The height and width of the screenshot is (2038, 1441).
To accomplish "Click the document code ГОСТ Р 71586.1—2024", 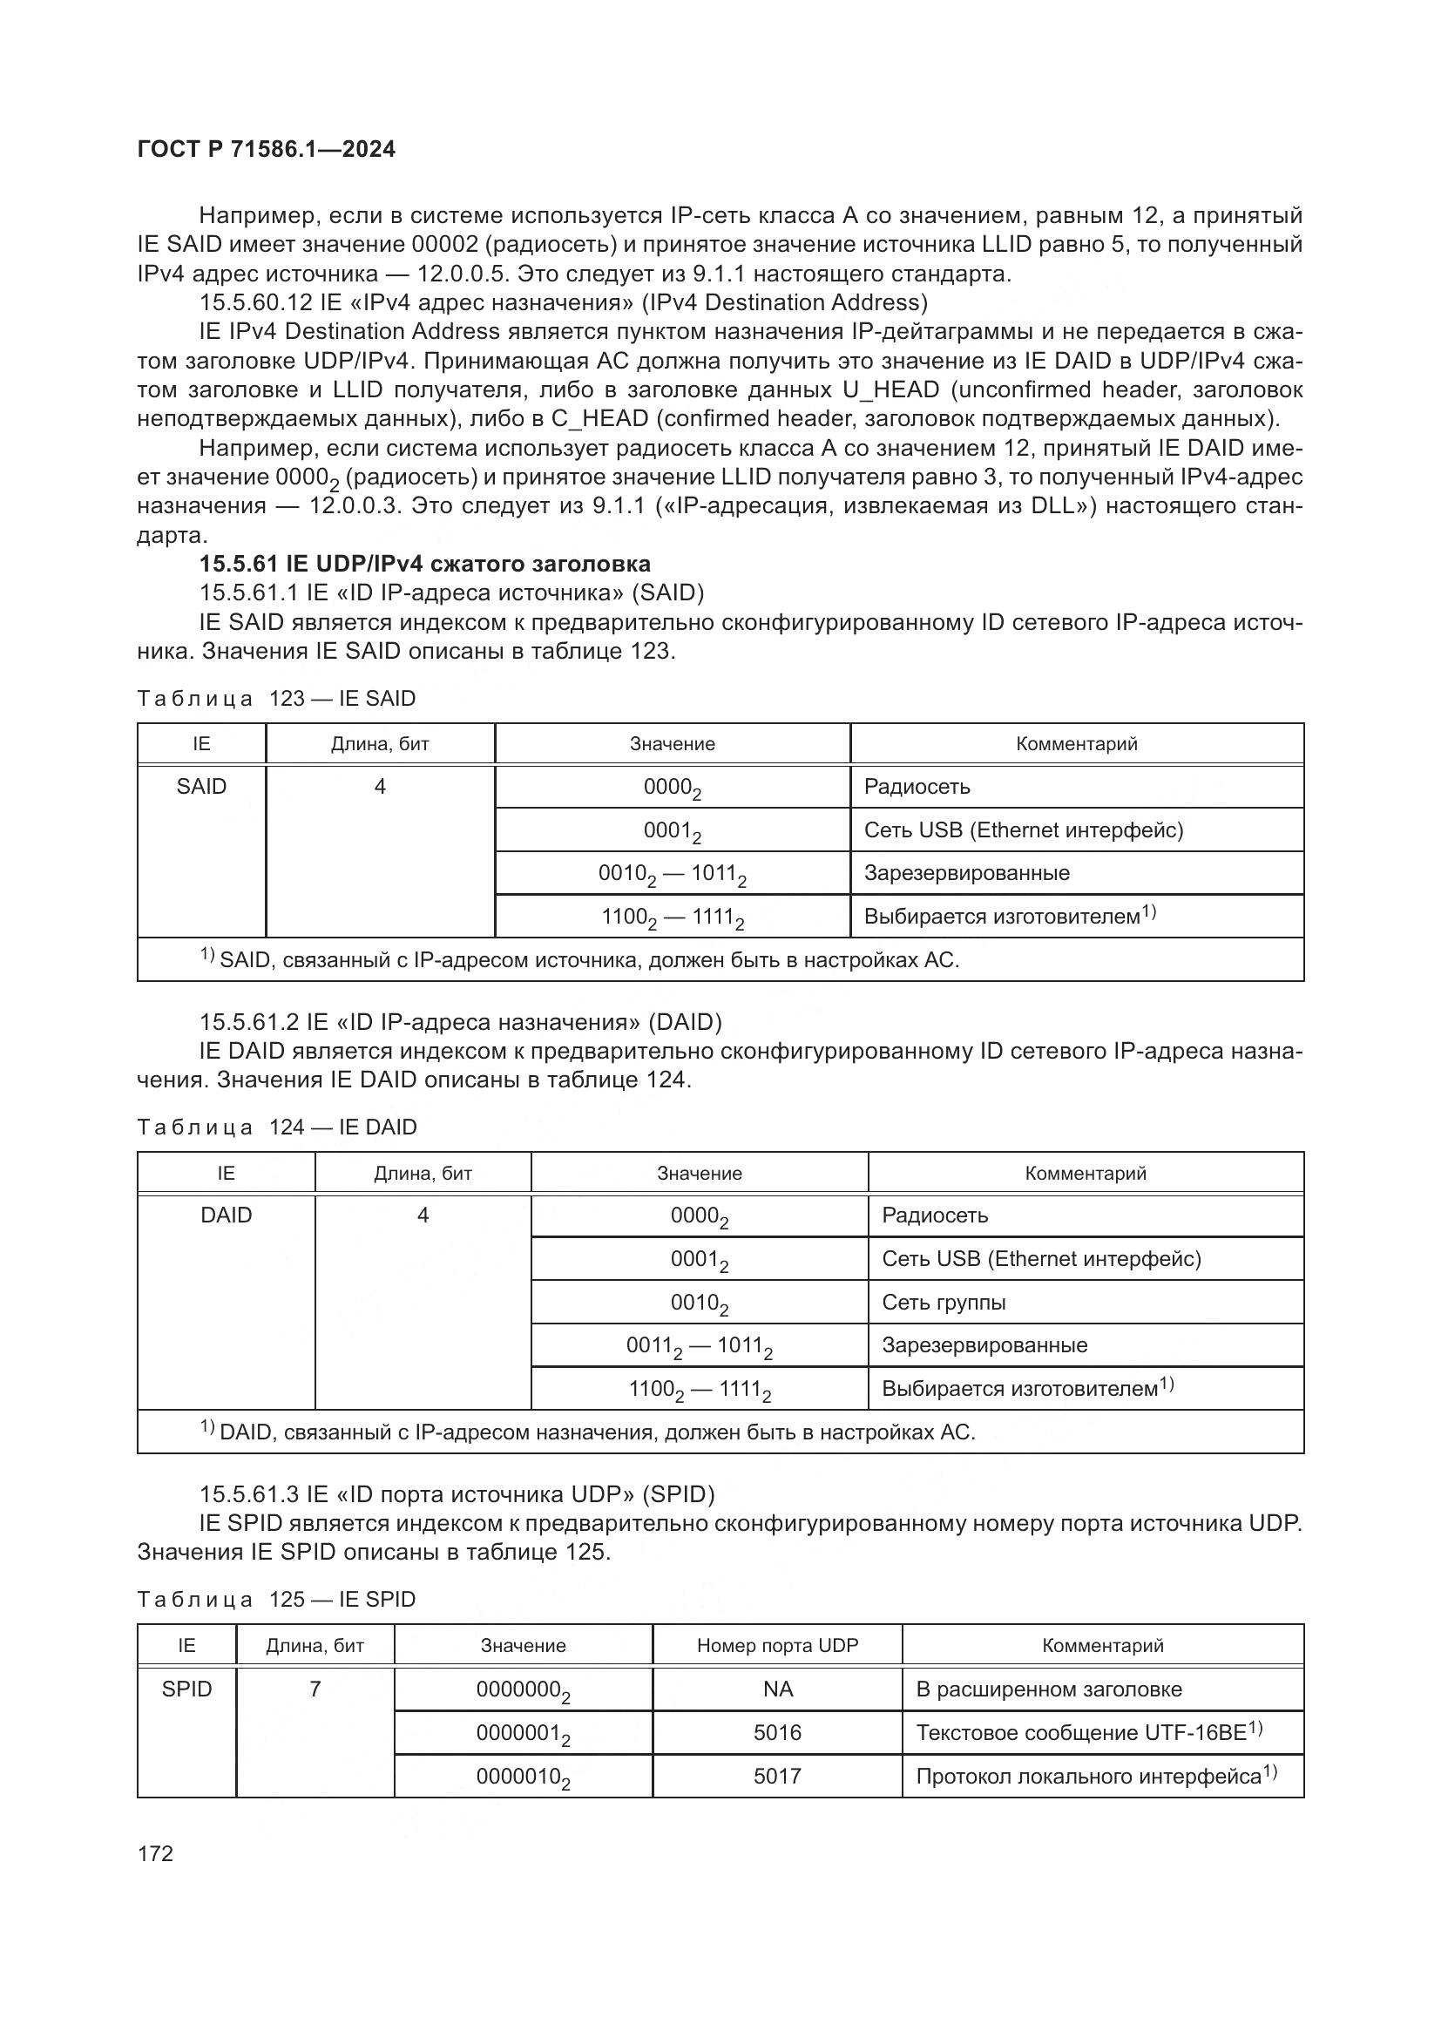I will point(267,149).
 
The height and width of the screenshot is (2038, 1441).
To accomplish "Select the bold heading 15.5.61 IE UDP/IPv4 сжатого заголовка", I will point(424,564).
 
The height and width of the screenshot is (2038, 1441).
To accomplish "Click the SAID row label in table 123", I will point(201,787).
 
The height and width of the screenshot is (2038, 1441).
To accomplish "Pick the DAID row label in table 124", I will point(227,1215).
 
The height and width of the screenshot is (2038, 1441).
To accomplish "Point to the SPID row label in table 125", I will point(186,1689).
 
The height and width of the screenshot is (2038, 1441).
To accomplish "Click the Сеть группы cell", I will point(944,1302).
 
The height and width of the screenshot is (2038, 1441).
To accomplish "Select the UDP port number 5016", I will point(777,1732).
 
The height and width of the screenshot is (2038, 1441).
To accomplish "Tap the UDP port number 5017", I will point(777,1775).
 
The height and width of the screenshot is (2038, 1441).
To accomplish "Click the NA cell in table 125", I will point(777,1689).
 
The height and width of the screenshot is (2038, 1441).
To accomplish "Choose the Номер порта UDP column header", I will point(777,1645).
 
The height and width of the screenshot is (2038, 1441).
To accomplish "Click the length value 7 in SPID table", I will point(315,1689).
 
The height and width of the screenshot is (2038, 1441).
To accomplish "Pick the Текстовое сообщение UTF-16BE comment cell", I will point(1088,1732).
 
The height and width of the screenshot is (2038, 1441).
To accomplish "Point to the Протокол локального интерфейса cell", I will point(1095,1775).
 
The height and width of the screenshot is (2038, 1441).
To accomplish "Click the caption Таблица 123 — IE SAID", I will point(276,699).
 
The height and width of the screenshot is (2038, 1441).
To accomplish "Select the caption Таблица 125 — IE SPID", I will point(276,1599).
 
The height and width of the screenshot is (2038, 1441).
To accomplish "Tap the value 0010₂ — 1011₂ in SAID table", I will point(672,873).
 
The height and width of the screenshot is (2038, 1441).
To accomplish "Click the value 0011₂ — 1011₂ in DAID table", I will point(700,1345).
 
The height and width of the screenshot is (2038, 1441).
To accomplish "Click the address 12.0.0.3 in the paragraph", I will point(357,506).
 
